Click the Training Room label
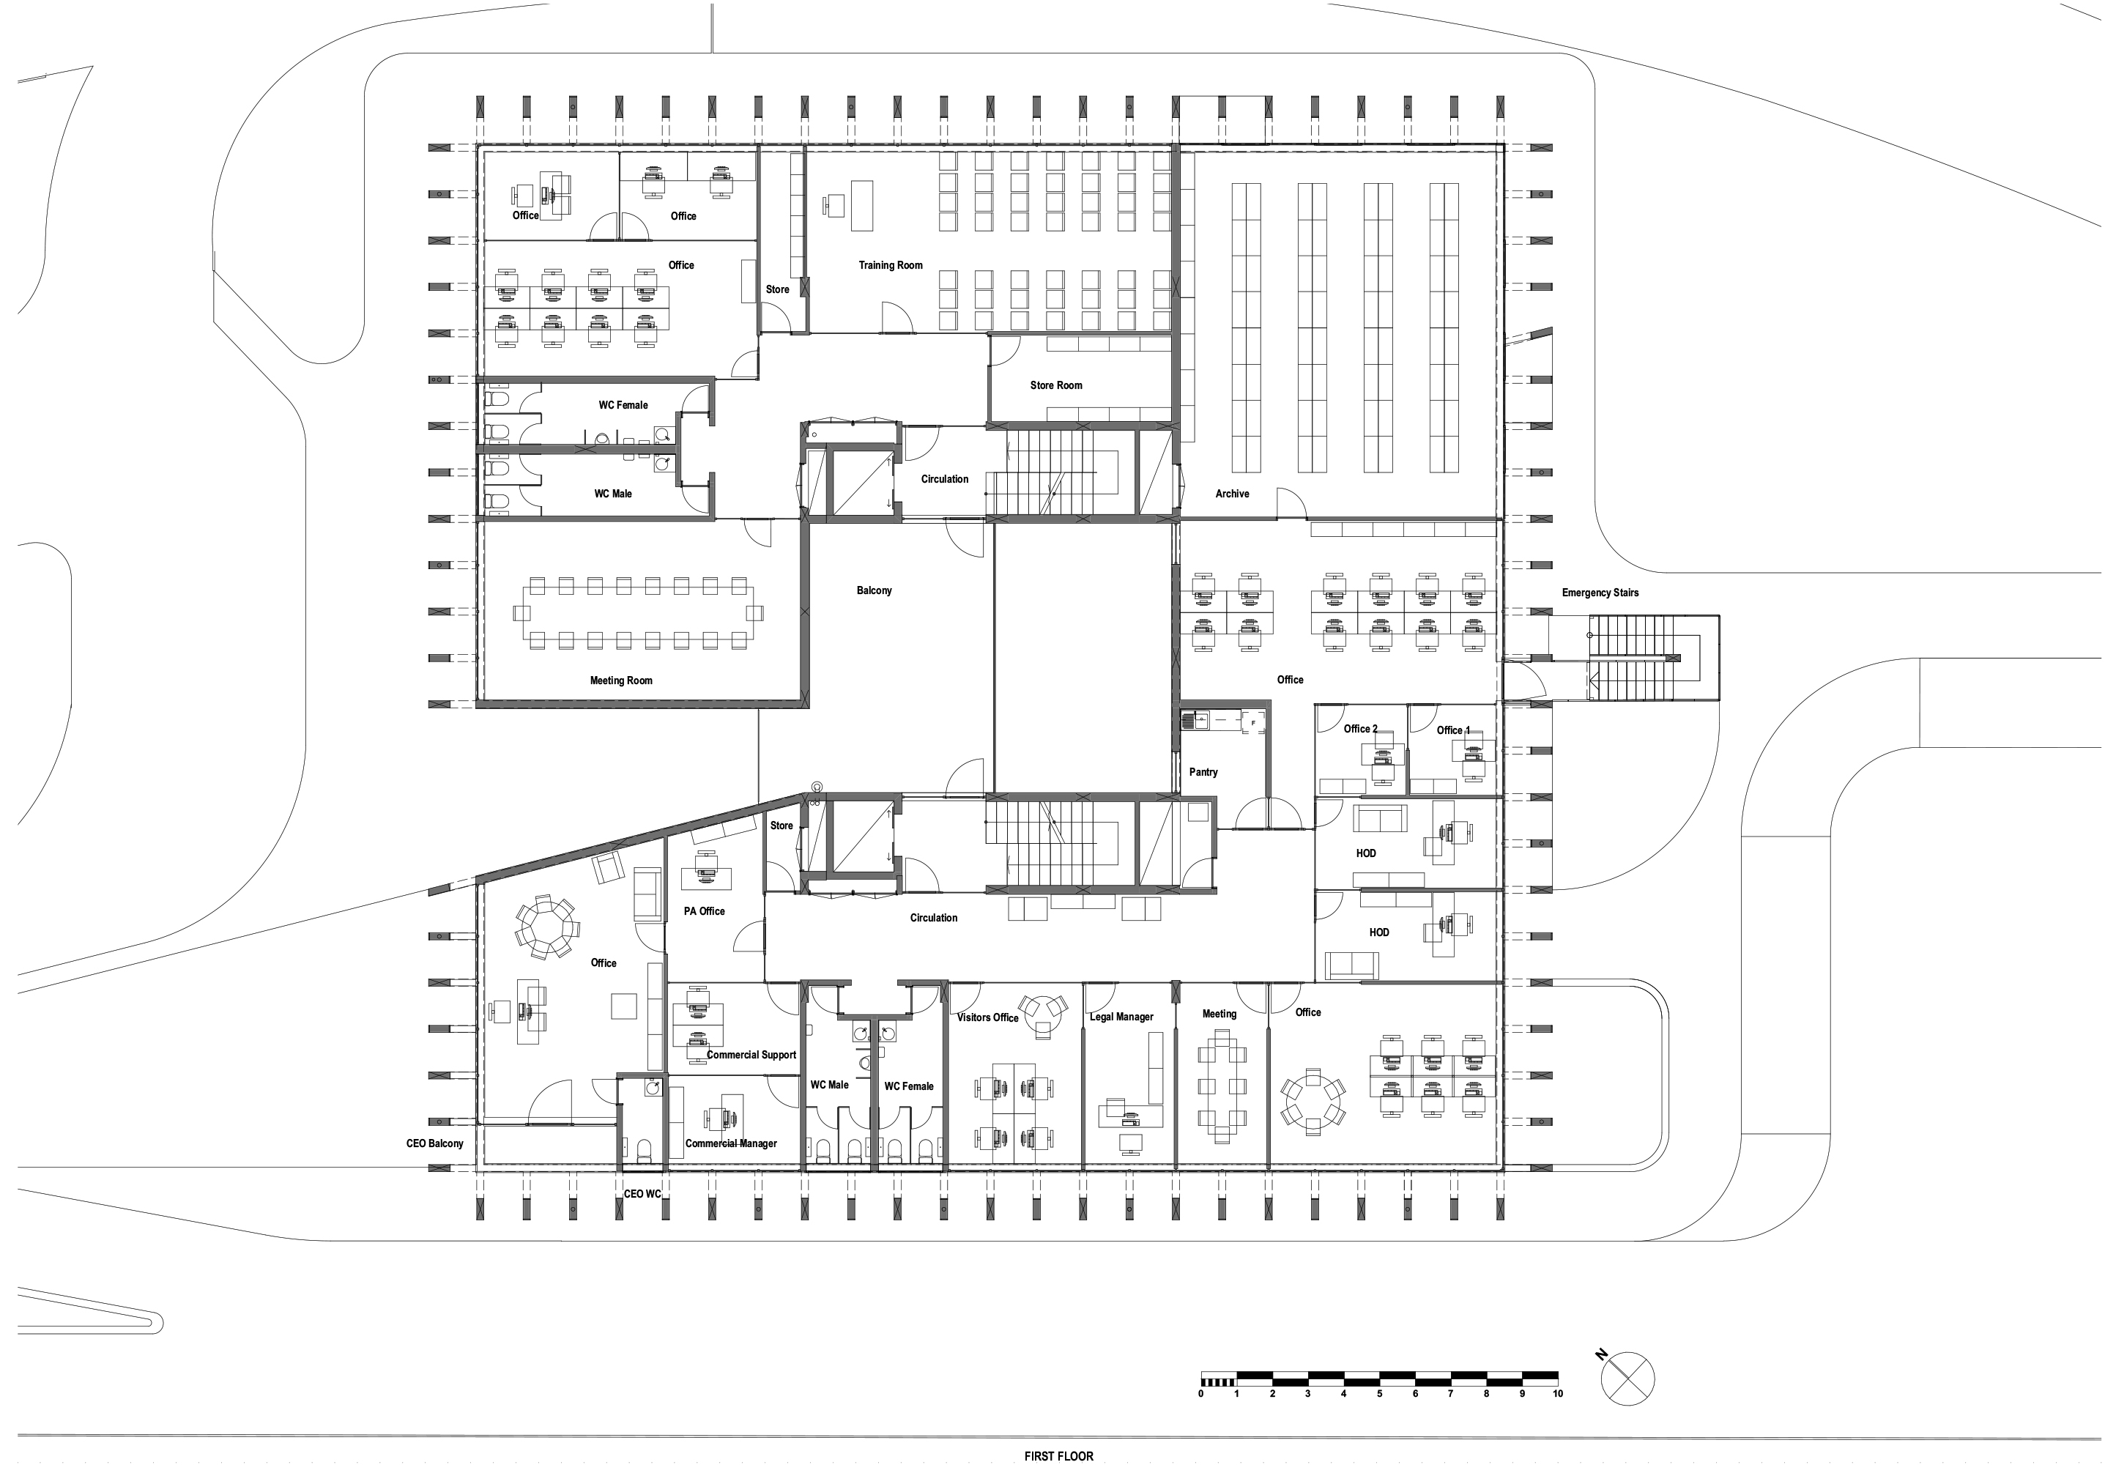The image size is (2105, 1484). pos(890,266)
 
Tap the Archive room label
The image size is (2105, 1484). pos(1232,494)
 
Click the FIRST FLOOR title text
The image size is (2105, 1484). pos(1059,1456)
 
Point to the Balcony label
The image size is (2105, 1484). pos(874,591)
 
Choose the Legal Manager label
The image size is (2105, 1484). pos(1121,1017)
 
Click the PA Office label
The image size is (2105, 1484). pos(704,912)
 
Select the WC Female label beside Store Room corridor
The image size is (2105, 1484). pos(623,405)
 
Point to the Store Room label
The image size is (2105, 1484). pos(1056,386)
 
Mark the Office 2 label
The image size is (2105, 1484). pos(1361,730)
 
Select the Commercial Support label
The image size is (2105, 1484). pos(751,1055)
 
